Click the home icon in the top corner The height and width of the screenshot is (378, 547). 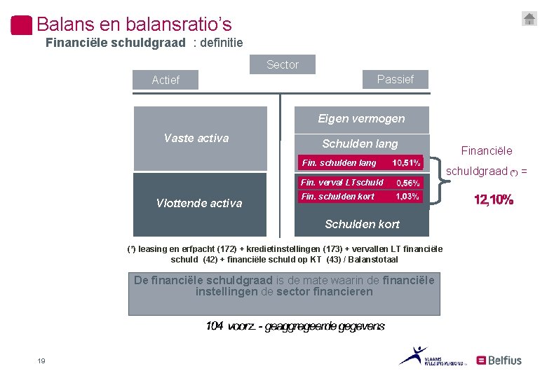coord(529,19)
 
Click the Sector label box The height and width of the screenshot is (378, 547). coord(283,64)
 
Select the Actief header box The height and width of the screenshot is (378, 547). coord(166,80)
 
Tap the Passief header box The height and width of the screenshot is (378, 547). coord(395,79)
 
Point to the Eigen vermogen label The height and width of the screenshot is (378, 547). coord(361,119)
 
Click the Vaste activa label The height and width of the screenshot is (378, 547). coord(196,138)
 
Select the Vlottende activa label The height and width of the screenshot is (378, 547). coord(199,204)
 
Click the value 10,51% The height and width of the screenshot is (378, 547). coord(407,163)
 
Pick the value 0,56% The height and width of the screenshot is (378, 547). coord(408,183)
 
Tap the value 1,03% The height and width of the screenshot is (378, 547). coord(407,197)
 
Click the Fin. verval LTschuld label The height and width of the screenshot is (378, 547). coord(342,183)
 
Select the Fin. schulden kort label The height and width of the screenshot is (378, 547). coord(337,197)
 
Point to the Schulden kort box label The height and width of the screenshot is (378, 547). coord(362,224)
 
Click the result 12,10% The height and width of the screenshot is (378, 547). coord(494,200)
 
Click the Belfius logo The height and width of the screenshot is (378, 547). coord(499,360)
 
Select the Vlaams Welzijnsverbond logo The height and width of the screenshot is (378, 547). coord(427,356)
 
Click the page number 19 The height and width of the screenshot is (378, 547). coord(41,360)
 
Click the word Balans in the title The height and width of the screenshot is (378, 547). coord(66,24)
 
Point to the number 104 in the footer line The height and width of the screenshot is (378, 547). coord(215,326)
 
